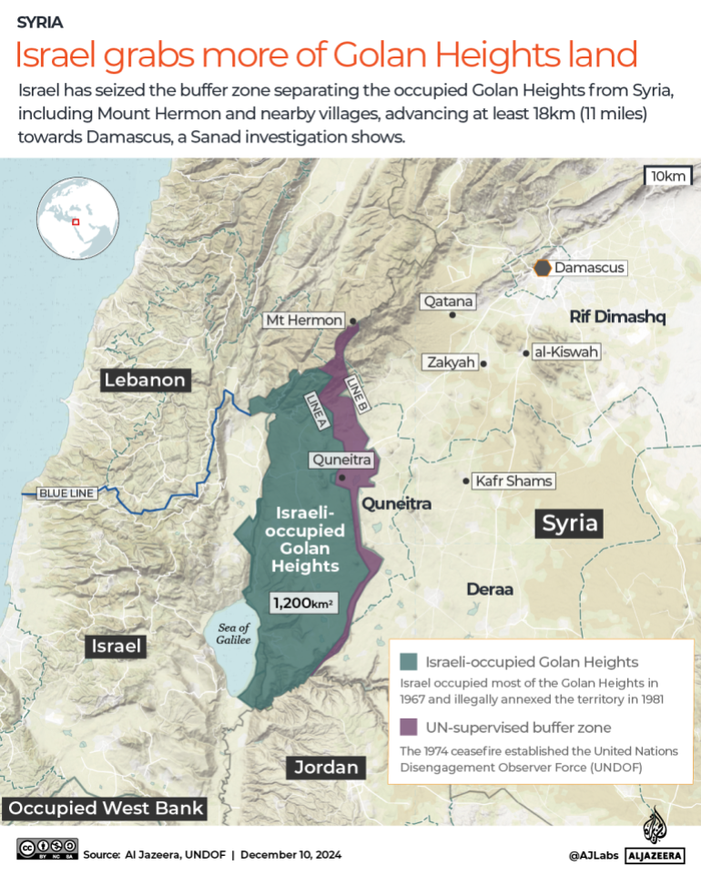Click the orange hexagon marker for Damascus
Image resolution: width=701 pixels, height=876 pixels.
pyautogui.click(x=543, y=268)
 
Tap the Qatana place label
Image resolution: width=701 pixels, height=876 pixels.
pyautogui.click(x=447, y=301)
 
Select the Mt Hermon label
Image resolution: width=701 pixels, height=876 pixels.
pyautogui.click(x=304, y=321)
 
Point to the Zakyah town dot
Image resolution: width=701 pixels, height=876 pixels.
pyautogui.click(x=484, y=362)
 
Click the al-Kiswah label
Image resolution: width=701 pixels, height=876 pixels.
pyautogui.click(x=567, y=351)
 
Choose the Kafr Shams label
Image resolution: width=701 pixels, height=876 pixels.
pyautogui.click(x=513, y=481)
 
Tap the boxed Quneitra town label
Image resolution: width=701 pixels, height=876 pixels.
pyautogui.click(x=341, y=461)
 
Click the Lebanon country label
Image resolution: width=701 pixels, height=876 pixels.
pyautogui.click(x=145, y=380)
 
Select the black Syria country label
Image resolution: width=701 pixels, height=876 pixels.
pyautogui.click(x=570, y=523)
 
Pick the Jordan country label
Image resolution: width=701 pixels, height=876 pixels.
pyautogui.click(x=326, y=767)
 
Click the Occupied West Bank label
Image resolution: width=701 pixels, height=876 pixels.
pyautogui.click(x=104, y=808)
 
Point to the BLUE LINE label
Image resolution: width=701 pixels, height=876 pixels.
pyautogui.click(x=66, y=494)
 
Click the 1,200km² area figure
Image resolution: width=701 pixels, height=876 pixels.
pyautogui.click(x=303, y=602)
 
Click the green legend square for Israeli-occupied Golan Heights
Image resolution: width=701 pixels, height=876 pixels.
pyautogui.click(x=409, y=662)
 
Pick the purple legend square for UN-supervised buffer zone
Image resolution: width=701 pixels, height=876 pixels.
pyautogui.click(x=409, y=727)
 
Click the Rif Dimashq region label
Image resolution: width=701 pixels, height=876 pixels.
pyautogui.click(x=618, y=317)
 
